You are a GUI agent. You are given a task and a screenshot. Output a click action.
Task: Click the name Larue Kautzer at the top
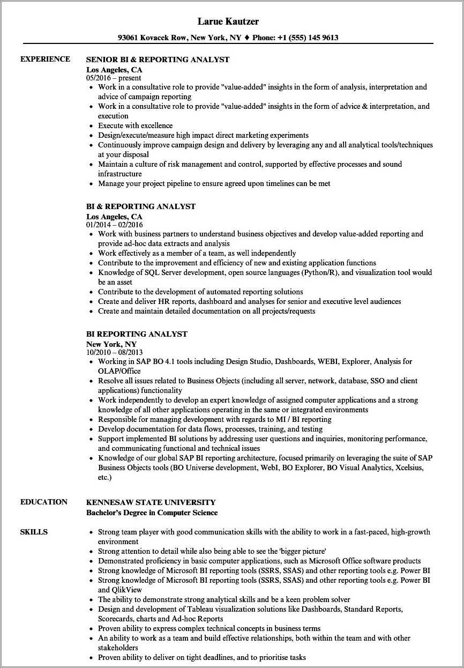click(x=228, y=21)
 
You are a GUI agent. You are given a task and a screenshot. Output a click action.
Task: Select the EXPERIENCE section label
click(x=45, y=59)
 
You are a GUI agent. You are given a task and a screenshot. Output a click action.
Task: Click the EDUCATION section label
click(x=44, y=502)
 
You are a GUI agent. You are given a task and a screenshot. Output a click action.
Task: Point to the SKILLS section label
click(x=34, y=532)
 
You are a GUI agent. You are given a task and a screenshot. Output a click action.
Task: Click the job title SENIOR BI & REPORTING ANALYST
click(x=158, y=60)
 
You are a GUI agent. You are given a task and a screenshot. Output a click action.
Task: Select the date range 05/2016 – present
click(x=114, y=78)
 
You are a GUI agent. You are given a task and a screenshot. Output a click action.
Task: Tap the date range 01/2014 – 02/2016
click(x=115, y=225)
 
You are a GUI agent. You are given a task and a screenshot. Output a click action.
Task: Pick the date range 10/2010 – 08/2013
click(x=115, y=352)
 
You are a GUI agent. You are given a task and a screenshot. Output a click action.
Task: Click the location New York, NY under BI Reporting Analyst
click(x=111, y=344)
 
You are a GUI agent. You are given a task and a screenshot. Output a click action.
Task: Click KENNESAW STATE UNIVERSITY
click(x=151, y=502)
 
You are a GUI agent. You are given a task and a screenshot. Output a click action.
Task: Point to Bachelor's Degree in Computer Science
click(x=152, y=513)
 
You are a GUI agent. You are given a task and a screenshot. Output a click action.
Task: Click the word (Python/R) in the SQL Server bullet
click(x=320, y=272)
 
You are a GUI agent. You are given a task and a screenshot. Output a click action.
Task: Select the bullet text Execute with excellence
click(x=135, y=125)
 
